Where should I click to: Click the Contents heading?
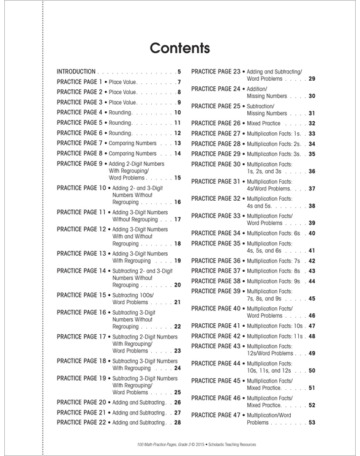(x=180, y=47)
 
